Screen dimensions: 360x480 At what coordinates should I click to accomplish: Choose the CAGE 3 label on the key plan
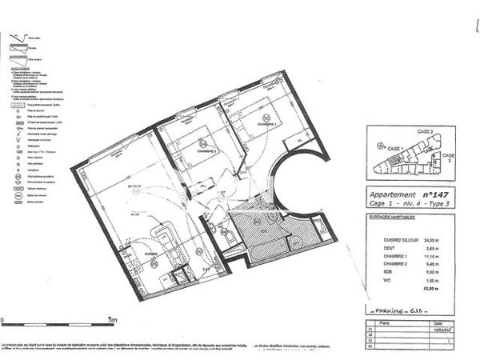point(449,157)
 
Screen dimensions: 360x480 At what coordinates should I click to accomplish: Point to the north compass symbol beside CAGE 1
point(378,146)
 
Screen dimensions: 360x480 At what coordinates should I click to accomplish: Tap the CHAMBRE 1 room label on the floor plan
point(266,125)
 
